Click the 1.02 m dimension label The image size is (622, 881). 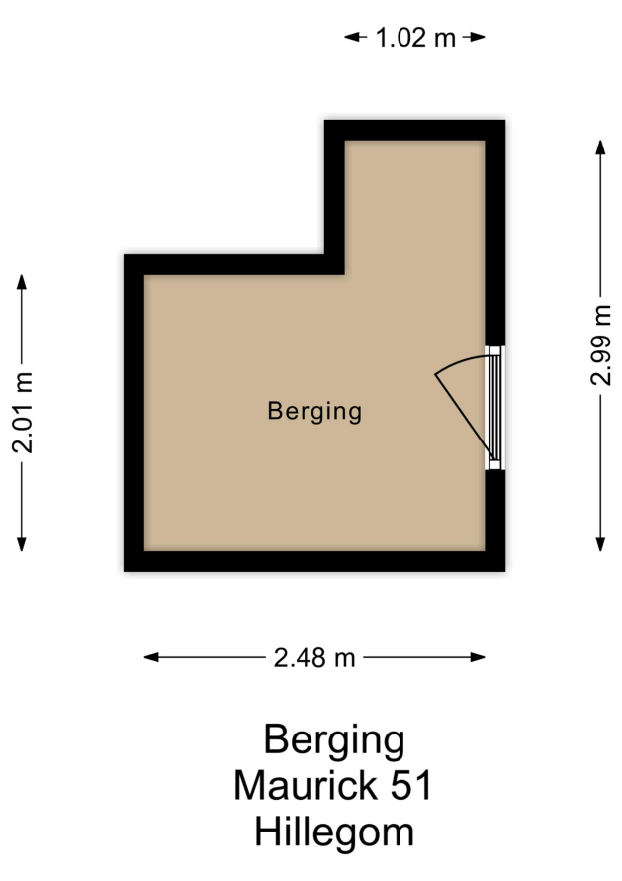click(x=415, y=38)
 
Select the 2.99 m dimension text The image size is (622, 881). click(x=600, y=344)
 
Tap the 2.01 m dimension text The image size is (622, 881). click(x=23, y=413)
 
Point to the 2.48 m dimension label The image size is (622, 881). click(x=314, y=657)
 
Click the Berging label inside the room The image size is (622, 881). click(x=314, y=411)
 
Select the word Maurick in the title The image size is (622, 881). click(x=306, y=785)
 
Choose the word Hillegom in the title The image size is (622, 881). click(x=334, y=832)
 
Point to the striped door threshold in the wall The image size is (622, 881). click(x=494, y=408)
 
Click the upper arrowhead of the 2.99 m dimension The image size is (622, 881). click(x=600, y=147)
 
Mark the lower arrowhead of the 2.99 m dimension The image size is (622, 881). click(x=600, y=544)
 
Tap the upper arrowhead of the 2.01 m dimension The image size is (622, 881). click(x=22, y=281)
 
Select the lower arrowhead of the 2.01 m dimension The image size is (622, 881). click(x=22, y=544)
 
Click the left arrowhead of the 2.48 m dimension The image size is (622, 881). click(x=151, y=657)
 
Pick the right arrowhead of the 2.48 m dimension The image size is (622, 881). click(x=479, y=657)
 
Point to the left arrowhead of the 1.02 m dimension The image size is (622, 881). click(x=351, y=37)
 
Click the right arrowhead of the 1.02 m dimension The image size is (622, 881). click(x=478, y=37)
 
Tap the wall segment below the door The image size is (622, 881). click(x=495, y=521)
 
